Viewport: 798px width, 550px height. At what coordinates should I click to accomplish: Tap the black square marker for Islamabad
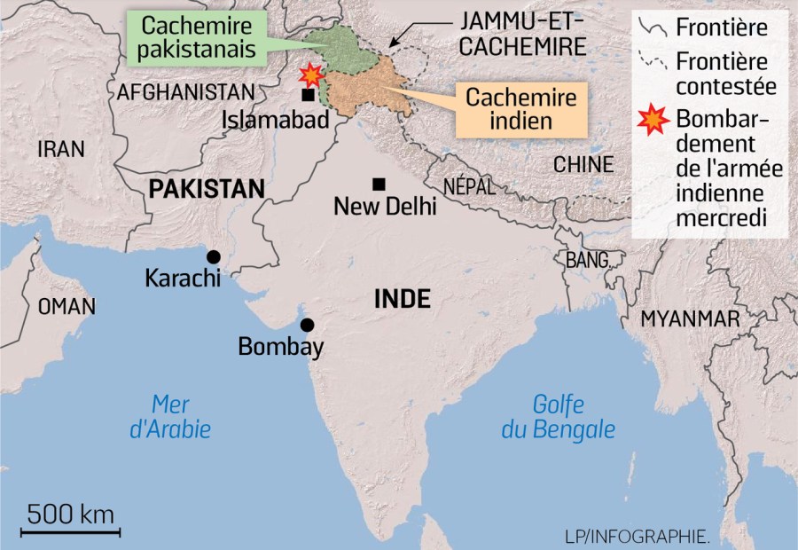[x=307, y=95]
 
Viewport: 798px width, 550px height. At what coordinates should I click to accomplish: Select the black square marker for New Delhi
[x=379, y=184]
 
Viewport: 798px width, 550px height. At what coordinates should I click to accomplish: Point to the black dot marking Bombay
[x=307, y=324]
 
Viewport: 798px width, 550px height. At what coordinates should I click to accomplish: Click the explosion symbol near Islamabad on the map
[x=311, y=75]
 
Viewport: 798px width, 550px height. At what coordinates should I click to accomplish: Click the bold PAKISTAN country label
[x=207, y=188]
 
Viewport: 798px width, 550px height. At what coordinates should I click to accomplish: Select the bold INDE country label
[x=402, y=299]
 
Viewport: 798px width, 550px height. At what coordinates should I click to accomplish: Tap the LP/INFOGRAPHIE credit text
[x=637, y=536]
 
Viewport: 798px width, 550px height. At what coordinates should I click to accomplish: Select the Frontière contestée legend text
[x=724, y=74]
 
